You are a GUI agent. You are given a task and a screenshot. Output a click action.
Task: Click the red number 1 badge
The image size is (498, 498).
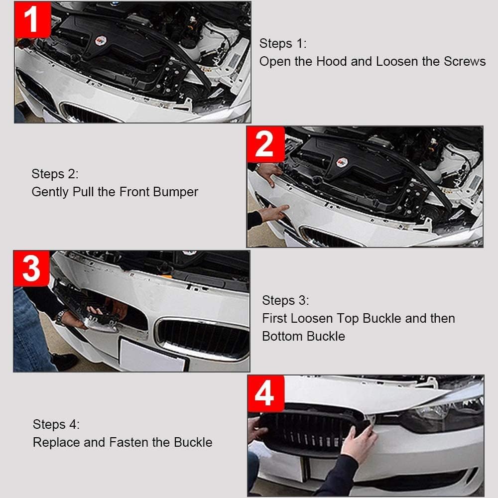click(x=32, y=20)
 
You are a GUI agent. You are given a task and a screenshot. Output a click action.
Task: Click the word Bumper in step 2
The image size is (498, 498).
click(x=178, y=192)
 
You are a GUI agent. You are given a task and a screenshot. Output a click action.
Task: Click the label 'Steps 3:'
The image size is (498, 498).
click(x=285, y=300)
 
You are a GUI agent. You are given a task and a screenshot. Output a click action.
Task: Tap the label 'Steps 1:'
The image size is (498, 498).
click(x=283, y=43)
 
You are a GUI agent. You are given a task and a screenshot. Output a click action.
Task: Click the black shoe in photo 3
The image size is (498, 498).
click(x=64, y=361)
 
